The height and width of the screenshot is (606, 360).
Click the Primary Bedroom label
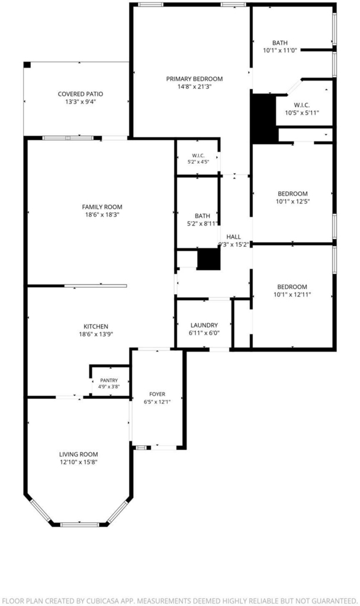click(x=194, y=79)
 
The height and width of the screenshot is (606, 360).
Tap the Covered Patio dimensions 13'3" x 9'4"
click(x=81, y=102)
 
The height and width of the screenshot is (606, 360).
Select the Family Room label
click(x=102, y=207)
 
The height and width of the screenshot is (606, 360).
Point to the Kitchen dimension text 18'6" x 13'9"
click(x=96, y=334)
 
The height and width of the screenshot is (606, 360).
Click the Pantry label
click(x=109, y=381)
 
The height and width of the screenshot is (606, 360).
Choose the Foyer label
click(x=157, y=394)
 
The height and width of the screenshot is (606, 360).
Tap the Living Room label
click(x=79, y=454)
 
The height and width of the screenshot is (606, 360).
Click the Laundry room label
click(x=204, y=325)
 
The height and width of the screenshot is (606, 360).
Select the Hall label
click(x=233, y=237)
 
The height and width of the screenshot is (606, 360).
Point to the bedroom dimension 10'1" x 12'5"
click(x=292, y=201)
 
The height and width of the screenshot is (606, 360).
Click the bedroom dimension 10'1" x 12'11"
click(x=292, y=295)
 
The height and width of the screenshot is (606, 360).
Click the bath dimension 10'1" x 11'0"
click(x=280, y=50)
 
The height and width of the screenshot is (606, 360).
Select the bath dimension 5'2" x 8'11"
click(x=203, y=223)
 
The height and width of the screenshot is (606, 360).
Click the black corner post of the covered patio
click(x=27, y=65)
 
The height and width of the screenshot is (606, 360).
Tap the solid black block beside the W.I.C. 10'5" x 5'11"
click(x=265, y=118)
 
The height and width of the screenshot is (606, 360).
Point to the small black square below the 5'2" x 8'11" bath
click(x=209, y=259)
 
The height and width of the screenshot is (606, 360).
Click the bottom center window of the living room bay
click(x=80, y=524)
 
